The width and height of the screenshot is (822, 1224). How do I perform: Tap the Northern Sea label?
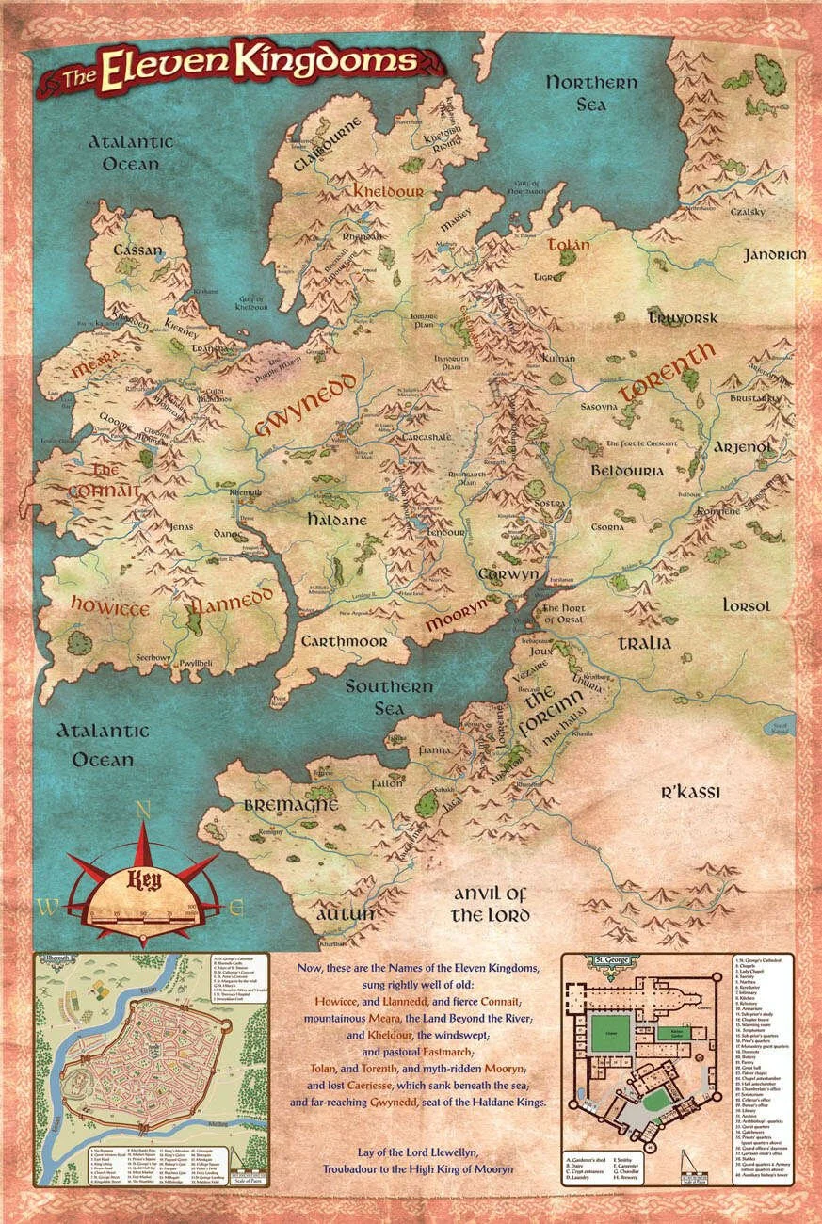coord(591,93)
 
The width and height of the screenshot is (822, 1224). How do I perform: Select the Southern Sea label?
coord(388,697)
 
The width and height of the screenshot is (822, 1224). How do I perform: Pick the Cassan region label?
coord(137,251)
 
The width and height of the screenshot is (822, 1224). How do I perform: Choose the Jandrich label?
coord(775,255)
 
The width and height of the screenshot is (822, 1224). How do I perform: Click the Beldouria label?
coord(627,470)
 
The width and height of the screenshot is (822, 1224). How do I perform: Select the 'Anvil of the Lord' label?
coord(490,904)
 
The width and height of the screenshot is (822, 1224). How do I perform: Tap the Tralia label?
coord(645,643)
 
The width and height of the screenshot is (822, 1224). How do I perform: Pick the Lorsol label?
coord(747,604)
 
